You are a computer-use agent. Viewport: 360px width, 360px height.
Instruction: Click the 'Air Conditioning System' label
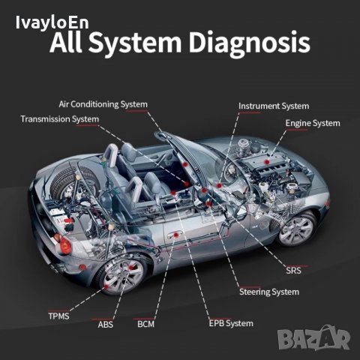[103, 104]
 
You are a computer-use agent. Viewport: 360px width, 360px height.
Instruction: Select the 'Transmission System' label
[60, 119]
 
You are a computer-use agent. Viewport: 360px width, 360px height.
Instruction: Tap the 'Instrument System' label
[274, 106]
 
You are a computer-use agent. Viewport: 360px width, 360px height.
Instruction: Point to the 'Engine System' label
[313, 123]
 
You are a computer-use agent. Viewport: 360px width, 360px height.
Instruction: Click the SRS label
[294, 271]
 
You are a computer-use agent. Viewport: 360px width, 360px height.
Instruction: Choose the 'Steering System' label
[269, 292]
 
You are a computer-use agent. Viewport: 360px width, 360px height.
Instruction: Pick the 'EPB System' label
[231, 323]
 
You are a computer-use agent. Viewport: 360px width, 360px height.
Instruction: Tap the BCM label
[145, 324]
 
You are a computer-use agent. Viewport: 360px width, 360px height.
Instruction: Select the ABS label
[106, 325]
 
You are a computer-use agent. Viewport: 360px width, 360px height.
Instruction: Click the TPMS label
[58, 316]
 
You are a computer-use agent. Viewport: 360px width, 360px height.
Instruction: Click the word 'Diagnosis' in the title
[249, 43]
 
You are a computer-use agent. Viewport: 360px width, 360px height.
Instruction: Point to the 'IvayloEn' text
[52, 22]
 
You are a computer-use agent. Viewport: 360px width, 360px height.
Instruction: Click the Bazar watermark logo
[314, 338]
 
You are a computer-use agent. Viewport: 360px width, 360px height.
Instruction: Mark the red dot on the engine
[267, 162]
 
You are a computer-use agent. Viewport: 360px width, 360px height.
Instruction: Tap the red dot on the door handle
[176, 235]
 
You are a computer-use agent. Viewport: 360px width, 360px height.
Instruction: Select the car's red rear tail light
[65, 245]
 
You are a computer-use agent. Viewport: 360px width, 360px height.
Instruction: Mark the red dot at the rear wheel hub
[130, 268]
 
